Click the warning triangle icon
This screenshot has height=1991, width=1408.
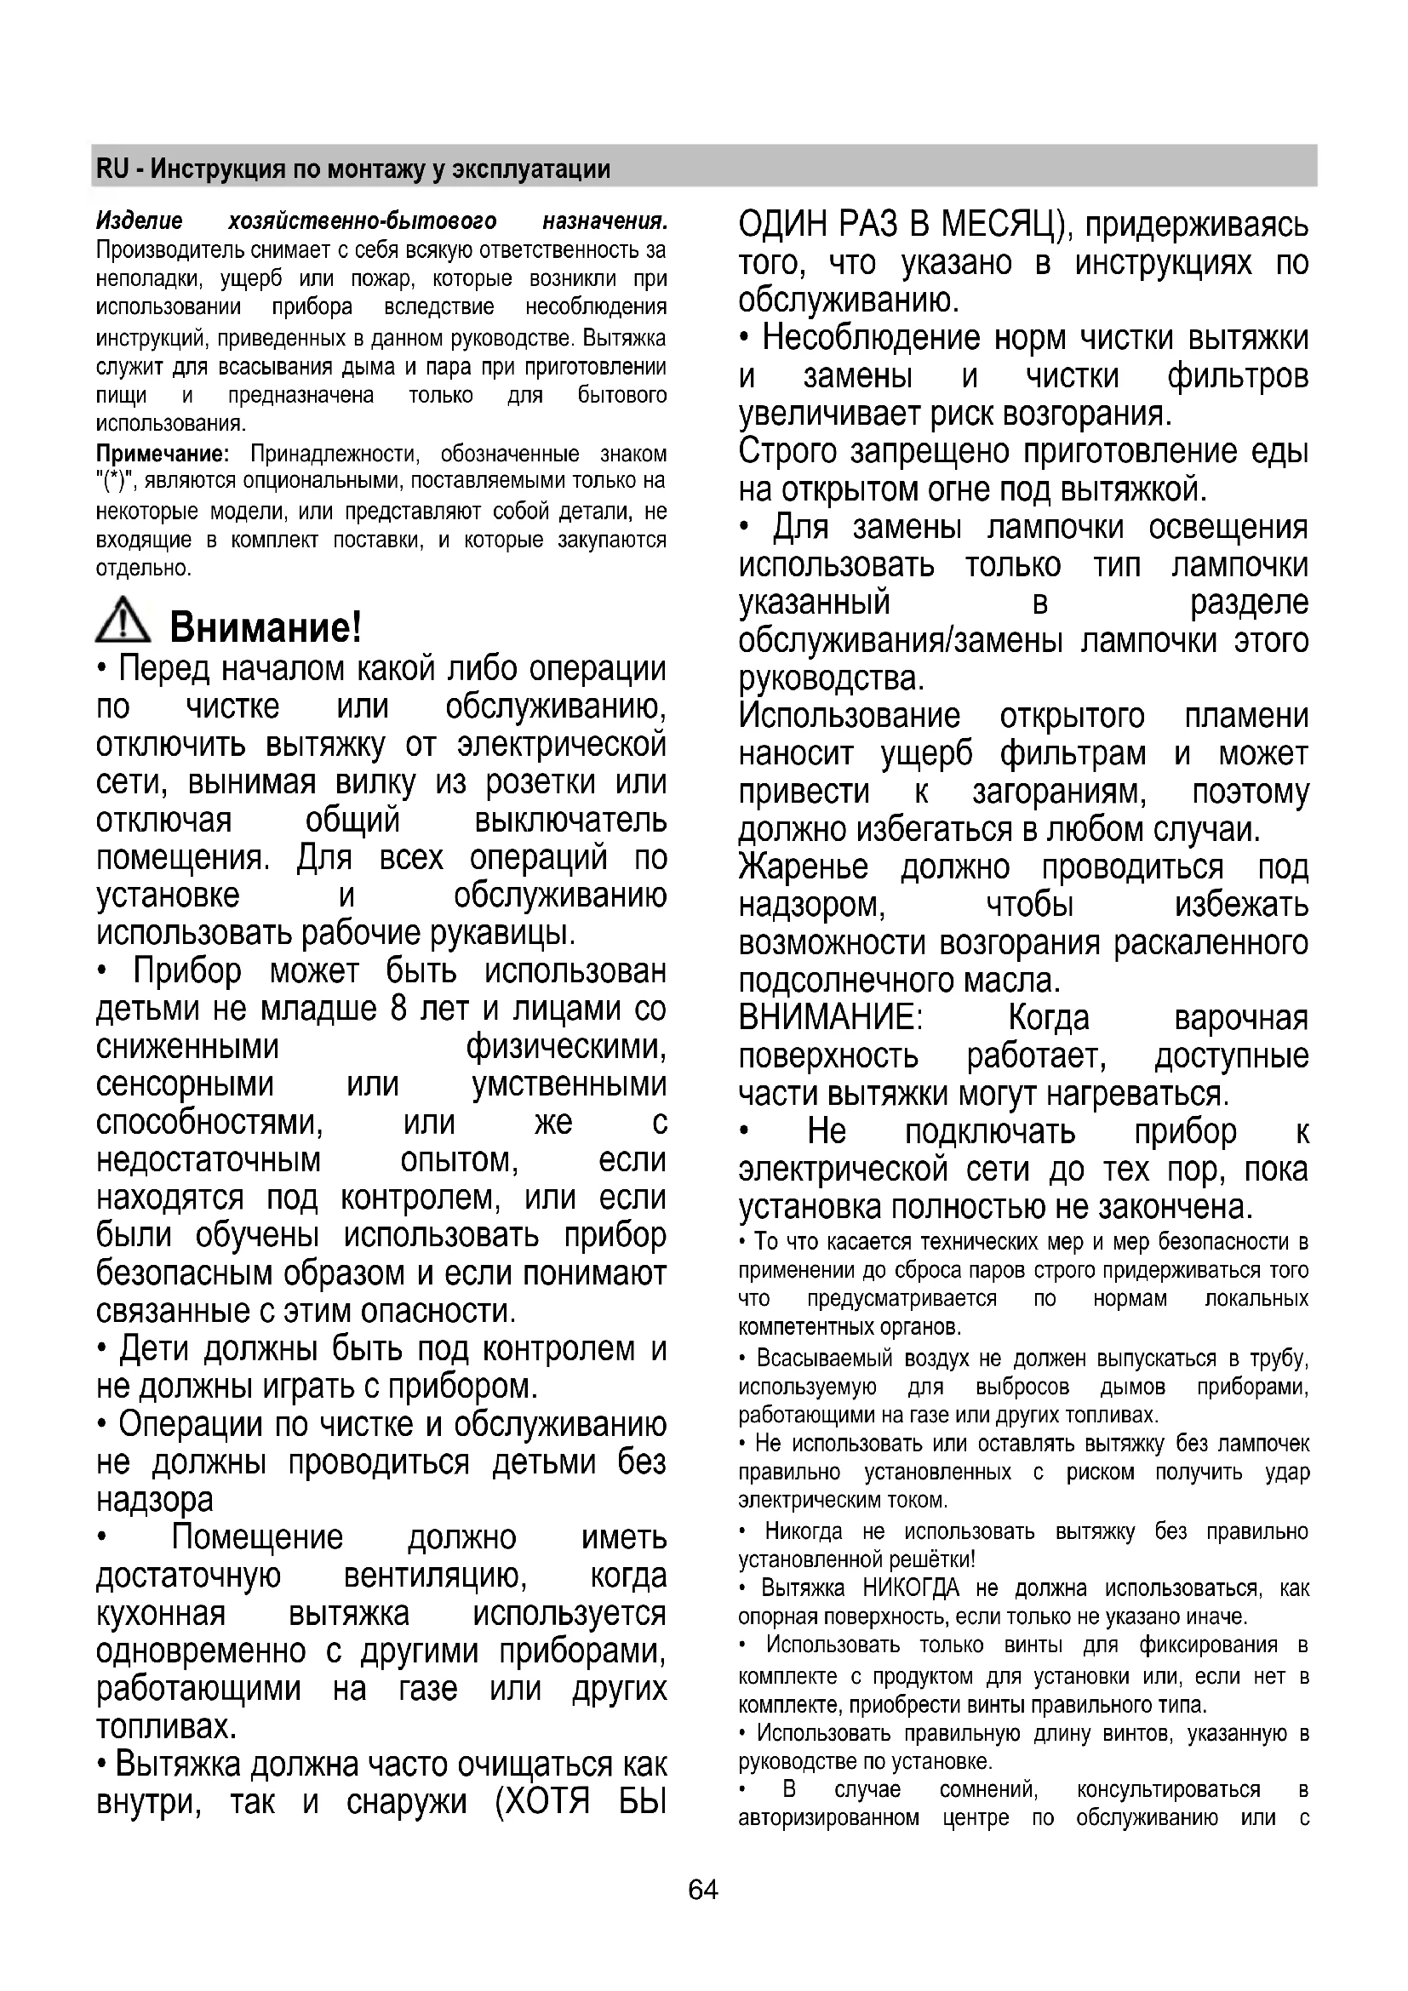coord(123,621)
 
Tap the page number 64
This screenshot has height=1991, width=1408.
coord(703,1890)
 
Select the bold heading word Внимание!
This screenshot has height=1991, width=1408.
coord(266,626)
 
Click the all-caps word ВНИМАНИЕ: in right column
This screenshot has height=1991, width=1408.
coord(831,1017)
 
